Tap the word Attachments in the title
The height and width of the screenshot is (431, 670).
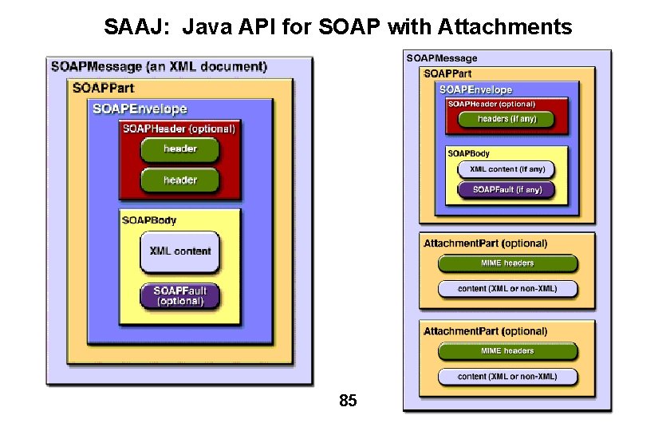tap(505, 28)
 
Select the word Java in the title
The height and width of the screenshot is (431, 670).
tap(206, 28)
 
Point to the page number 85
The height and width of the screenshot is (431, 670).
tap(348, 401)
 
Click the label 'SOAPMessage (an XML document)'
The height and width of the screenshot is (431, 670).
tap(159, 67)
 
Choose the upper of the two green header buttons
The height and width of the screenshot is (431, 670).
tap(179, 149)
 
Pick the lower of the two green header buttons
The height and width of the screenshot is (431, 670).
tap(179, 180)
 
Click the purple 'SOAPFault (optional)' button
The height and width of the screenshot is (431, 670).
tap(179, 295)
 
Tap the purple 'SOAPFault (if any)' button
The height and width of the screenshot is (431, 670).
tap(506, 190)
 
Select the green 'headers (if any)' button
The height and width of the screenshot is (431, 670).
tap(506, 119)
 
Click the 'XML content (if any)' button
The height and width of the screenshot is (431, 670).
tap(506, 169)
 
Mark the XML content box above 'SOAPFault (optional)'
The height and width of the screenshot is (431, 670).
tap(179, 251)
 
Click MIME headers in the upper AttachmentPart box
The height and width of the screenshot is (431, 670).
tap(506, 263)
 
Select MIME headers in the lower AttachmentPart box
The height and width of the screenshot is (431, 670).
tap(506, 351)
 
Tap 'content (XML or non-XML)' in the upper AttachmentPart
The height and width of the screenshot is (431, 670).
tap(506, 288)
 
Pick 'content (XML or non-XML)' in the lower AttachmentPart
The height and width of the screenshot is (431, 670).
tap(506, 376)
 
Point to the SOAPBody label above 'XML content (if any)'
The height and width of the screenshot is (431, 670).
tap(468, 153)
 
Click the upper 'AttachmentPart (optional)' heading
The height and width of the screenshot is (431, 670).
tap(485, 243)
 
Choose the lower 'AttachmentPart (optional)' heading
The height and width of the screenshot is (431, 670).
tap(485, 331)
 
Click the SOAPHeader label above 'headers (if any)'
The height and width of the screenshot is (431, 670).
tap(491, 104)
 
